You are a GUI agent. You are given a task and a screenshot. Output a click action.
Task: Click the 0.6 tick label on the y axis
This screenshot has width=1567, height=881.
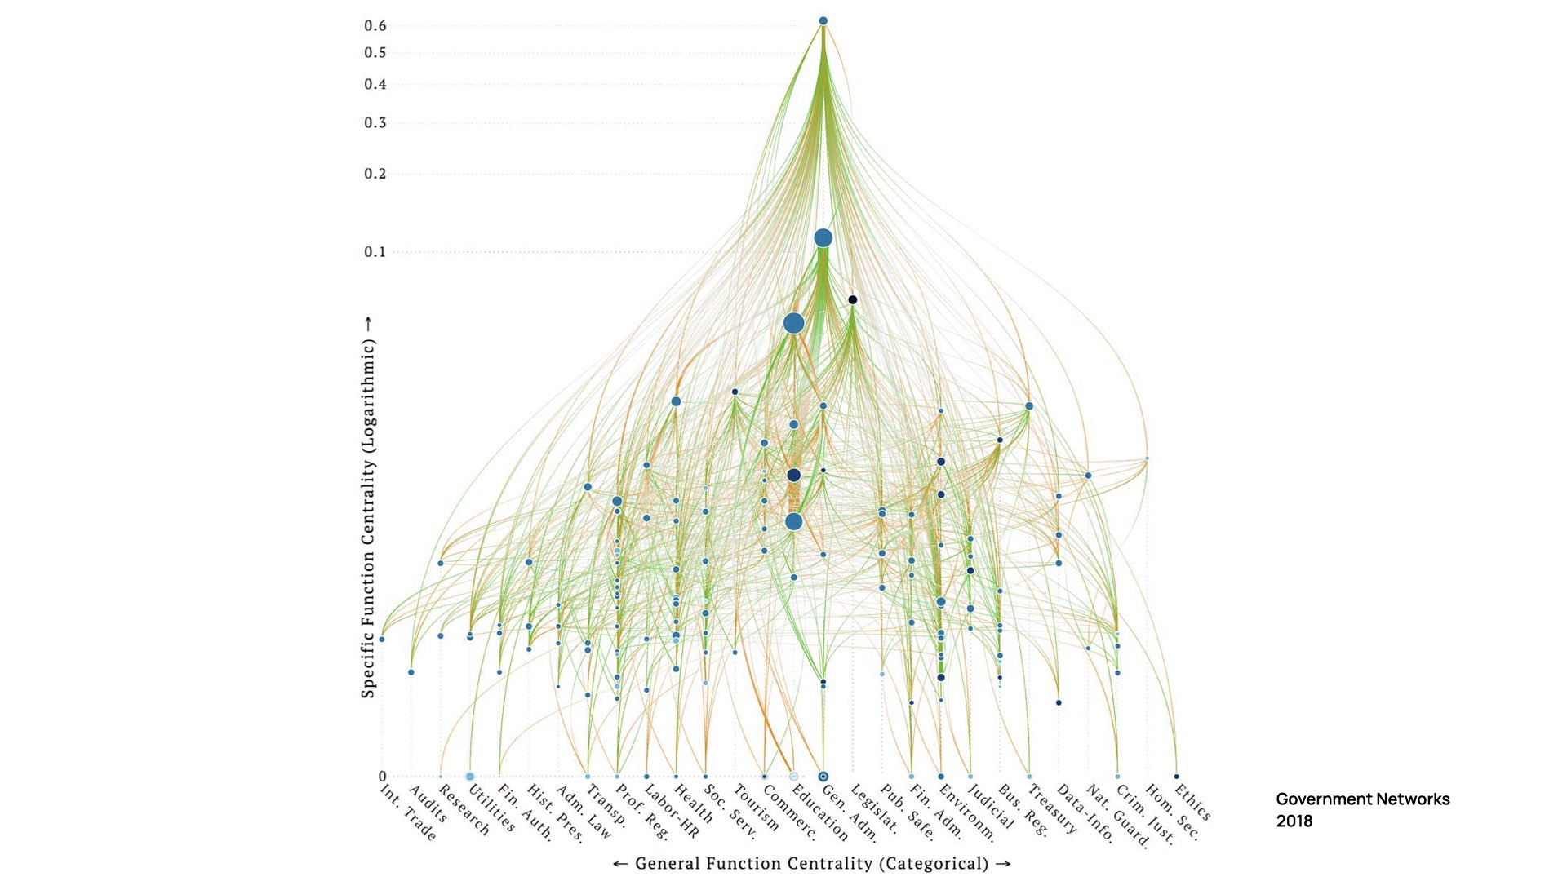(375, 26)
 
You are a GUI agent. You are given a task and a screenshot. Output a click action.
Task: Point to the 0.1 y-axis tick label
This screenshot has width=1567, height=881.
(375, 252)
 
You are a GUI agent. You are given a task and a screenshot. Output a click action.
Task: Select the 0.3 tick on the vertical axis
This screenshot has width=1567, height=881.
(375, 123)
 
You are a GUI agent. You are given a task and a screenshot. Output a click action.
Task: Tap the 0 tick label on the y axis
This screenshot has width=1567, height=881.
(382, 777)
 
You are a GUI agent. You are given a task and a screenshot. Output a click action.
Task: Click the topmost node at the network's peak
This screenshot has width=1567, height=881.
(823, 21)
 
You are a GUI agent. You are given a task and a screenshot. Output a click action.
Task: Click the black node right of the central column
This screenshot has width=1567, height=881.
(852, 300)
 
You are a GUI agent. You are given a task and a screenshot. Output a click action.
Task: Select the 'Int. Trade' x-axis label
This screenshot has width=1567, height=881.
(408, 812)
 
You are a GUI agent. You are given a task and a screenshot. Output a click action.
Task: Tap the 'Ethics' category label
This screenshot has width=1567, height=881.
(1192, 802)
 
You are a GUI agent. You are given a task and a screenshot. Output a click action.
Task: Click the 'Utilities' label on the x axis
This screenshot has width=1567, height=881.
(491, 808)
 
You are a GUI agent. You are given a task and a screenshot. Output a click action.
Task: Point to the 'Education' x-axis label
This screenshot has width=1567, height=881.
(820, 812)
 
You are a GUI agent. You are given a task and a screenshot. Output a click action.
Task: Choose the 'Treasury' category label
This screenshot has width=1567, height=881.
(1052, 808)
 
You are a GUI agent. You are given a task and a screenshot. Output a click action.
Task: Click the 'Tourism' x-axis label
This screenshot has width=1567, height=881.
(756, 808)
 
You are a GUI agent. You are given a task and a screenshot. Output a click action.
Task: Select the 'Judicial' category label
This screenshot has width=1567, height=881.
(990, 806)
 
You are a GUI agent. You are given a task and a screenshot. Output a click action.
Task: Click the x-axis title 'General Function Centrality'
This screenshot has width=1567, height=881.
(811, 864)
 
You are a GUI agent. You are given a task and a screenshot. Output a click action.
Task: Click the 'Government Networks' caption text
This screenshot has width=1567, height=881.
(1362, 799)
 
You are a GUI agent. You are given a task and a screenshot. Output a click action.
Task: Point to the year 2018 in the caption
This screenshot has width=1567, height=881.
(1294, 821)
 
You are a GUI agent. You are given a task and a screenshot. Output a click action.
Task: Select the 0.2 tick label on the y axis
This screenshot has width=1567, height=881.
(375, 174)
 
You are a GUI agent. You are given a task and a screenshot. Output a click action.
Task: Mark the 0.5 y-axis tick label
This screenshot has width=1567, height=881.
(375, 53)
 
